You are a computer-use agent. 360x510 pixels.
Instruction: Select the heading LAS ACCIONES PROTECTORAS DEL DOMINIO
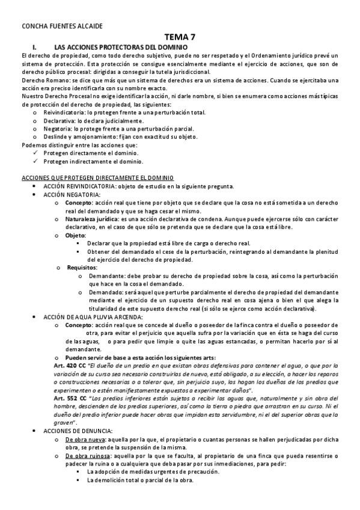click(121, 47)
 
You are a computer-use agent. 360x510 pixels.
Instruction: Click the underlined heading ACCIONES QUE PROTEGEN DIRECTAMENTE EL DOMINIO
click(97, 178)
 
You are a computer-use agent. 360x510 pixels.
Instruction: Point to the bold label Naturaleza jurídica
click(91, 220)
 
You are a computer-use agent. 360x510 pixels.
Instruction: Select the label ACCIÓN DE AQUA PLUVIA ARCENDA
click(93, 316)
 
